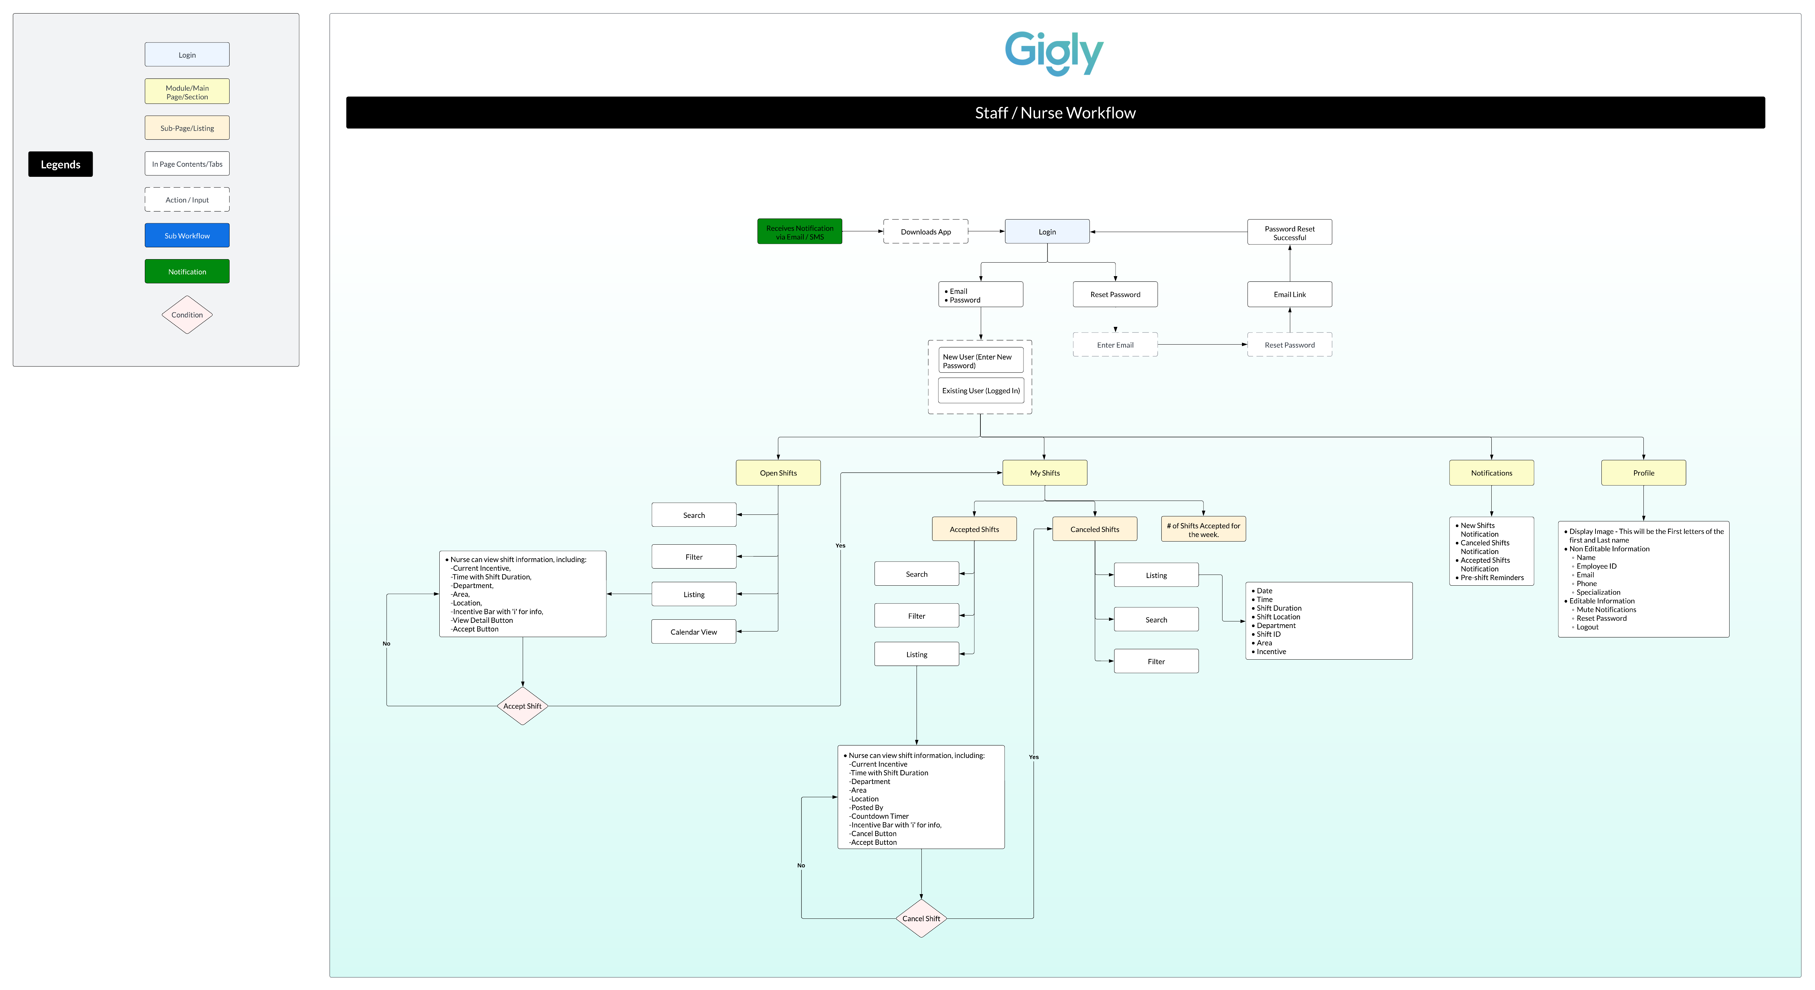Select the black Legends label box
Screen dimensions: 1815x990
(60, 164)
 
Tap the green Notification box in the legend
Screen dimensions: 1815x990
(187, 271)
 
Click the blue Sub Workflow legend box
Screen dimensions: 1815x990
(187, 236)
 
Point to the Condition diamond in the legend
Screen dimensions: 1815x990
(187, 314)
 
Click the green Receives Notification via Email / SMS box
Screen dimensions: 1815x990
(800, 232)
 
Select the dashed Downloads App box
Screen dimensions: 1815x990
(926, 232)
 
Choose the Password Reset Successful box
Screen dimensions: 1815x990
(1290, 232)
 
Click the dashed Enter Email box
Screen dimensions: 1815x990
(1115, 345)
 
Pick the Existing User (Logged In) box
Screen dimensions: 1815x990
(981, 390)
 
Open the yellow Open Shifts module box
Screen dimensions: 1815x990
(779, 473)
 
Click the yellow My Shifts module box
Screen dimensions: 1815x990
(1045, 473)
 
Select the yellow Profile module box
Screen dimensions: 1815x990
(1644, 473)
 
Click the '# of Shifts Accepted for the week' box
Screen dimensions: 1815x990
(1203, 529)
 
